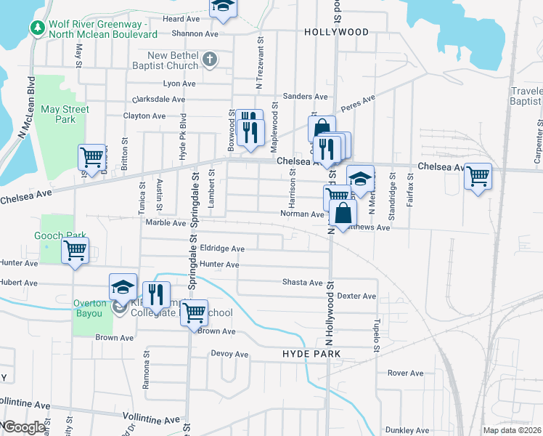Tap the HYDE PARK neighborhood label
coord(311,353)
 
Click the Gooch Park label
coord(56,235)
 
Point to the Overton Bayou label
coord(89,308)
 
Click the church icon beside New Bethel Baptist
coord(210,60)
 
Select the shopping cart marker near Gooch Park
coord(75,250)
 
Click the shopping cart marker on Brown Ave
coord(194,313)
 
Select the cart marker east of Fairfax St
coord(478,175)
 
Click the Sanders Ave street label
coord(306,97)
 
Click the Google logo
coord(24,427)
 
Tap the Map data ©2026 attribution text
coord(513,430)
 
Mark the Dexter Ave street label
coord(356,296)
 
